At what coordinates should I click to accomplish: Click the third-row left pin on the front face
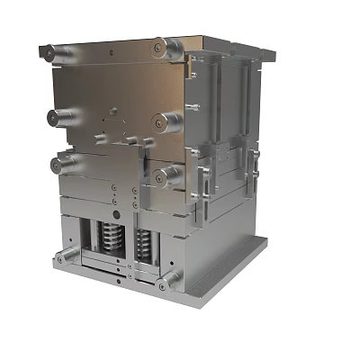click(63, 164)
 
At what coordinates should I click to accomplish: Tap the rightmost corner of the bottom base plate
click(267, 241)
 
